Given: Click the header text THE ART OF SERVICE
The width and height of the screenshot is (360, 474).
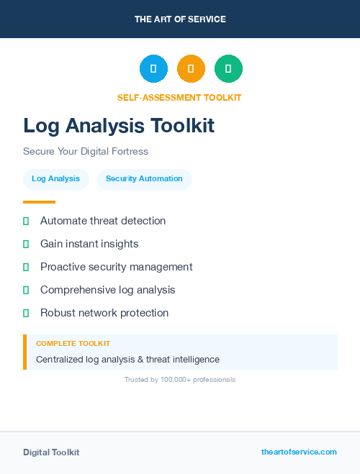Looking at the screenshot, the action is pyautogui.click(x=180, y=19).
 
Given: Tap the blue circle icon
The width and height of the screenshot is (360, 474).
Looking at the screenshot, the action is pyautogui.click(x=153, y=68).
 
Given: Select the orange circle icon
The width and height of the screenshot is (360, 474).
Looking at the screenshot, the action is pyautogui.click(x=191, y=68).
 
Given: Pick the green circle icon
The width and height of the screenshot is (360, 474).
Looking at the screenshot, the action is pyautogui.click(x=228, y=68).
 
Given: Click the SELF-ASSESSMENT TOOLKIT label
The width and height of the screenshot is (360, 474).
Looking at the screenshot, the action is pyautogui.click(x=179, y=97).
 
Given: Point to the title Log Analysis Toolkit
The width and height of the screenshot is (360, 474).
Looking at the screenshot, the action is pyautogui.click(x=119, y=126).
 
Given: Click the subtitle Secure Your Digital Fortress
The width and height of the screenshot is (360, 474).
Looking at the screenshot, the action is pyautogui.click(x=85, y=152).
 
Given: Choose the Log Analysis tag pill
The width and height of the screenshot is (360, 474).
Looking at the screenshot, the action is pyautogui.click(x=55, y=178).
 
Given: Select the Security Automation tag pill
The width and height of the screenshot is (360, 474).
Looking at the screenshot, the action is pyautogui.click(x=144, y=178).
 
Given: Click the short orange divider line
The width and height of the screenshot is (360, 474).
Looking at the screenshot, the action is pyautogui.click(x=39, y=202).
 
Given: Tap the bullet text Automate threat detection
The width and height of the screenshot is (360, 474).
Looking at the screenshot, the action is pyautogui.click(x=103, y=221).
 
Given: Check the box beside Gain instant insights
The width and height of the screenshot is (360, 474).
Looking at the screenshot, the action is pyautogui.click(x=26, y=245).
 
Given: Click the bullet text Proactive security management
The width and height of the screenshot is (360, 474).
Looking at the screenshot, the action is pyautogui.click(x=116, y=267).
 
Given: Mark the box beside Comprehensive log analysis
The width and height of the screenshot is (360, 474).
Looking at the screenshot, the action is pyautogui.click(x=26, y=291).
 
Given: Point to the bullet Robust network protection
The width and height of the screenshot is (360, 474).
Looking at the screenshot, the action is pyautogui.click(x=104, y=313).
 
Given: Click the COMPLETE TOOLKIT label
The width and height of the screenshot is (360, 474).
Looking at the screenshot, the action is pyautogui.click(x=73, y=344).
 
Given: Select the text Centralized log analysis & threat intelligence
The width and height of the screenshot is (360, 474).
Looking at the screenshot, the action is pyautogui.click(x=127, y=359).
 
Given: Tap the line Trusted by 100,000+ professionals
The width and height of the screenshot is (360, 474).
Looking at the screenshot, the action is pyautogui.click(x=180, y=379).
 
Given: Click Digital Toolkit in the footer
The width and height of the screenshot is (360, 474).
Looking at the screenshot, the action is pyautogui.click(x=51, y=452).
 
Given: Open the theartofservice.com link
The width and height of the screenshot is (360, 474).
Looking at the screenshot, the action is pyautogui.click(x=299, y=452).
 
